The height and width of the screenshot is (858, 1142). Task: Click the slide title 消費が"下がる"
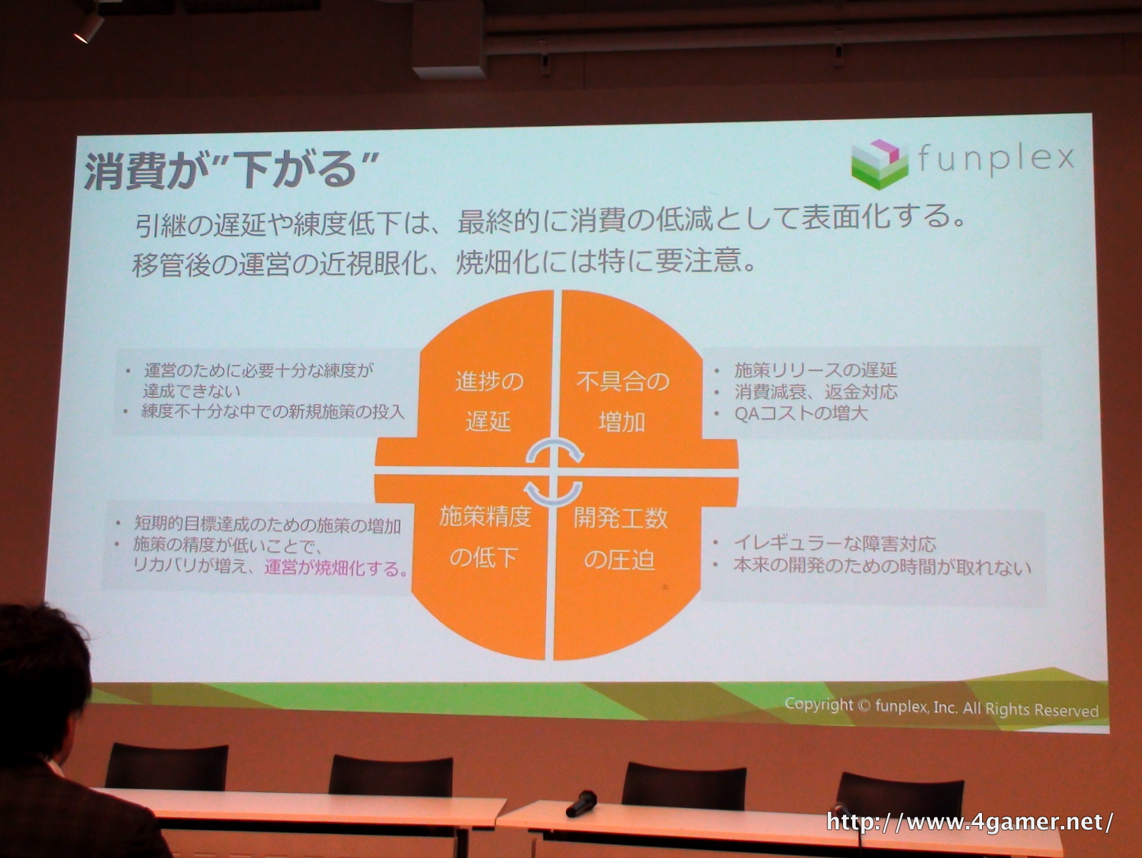coord(229,171)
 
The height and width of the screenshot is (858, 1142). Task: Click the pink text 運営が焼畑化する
coord(336,567)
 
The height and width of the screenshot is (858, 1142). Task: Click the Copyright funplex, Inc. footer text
coord(941,707)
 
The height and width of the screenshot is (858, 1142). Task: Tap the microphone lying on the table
coord(581,804)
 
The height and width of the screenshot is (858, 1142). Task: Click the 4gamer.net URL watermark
coord(969,822)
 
